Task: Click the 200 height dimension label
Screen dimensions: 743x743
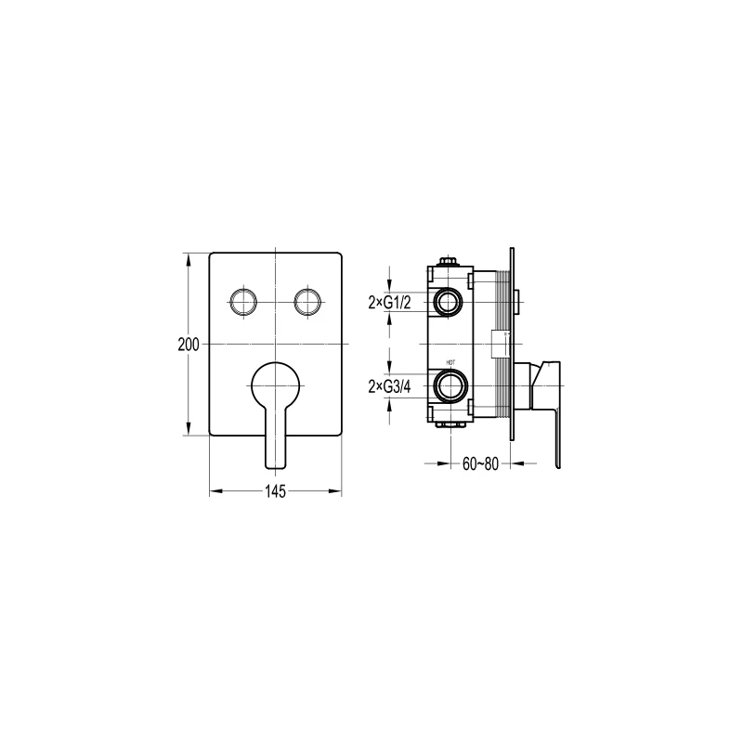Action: [189, 344]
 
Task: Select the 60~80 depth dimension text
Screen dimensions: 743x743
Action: [481, 463]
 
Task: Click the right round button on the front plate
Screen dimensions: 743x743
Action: [307, 301]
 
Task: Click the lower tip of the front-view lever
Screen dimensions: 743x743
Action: [276, 462]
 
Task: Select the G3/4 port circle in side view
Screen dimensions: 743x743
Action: [450, 385]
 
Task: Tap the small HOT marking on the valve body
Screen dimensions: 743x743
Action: [450, 363]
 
